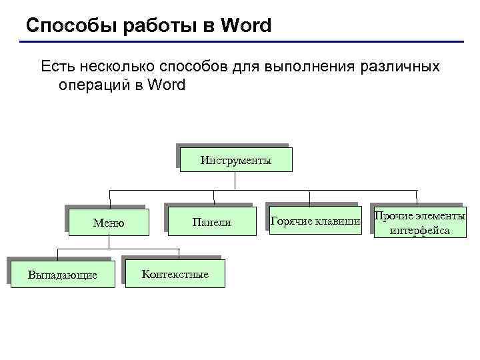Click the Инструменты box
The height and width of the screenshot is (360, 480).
(x=235, y=160)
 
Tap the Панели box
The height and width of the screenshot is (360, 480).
(x=211, y=222)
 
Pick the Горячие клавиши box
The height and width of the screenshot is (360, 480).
(x=315, y=221)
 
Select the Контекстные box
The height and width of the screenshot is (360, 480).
(x=175, y=274)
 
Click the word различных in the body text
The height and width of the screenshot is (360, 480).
(x=399, y=67)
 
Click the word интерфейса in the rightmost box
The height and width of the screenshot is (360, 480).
(x=420, y=231)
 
